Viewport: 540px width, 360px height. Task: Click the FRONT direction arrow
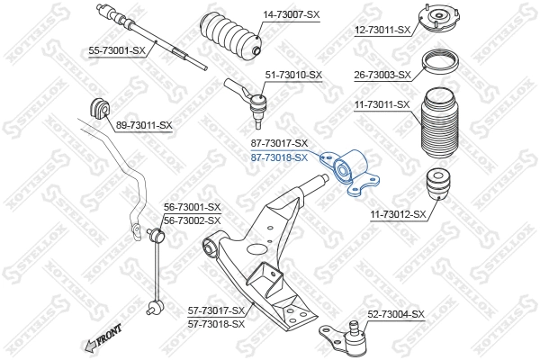click(x=103, y=339)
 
